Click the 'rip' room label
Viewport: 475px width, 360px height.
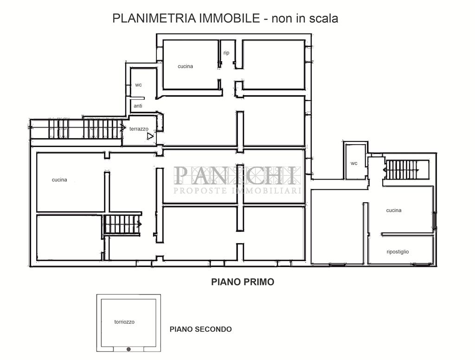coord(226,53)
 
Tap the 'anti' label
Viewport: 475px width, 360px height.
coord(138,106)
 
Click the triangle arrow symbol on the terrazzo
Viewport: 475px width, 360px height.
coord(150,137)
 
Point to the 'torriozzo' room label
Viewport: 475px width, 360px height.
coord(124,321)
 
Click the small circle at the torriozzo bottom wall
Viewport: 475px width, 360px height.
coord(129,349)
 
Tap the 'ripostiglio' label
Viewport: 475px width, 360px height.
coord(398,252)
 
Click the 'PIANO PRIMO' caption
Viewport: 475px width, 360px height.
coord(243,282)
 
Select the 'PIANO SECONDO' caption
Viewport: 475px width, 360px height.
coord(200,329)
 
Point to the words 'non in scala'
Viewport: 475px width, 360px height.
coord(304,19)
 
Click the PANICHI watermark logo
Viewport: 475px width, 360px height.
coord(237,175)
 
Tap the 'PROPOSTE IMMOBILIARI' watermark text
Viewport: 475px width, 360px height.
coord(237,191)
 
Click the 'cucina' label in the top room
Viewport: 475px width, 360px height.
coord(185,66)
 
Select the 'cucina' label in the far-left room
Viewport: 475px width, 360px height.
coord(59,180)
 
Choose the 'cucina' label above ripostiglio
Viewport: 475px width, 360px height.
coord(394,210)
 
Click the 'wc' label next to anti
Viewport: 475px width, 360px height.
coord(138,85)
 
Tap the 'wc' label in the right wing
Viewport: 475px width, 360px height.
coord(354,163)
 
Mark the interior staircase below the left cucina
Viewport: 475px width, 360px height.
coord(122,225)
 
